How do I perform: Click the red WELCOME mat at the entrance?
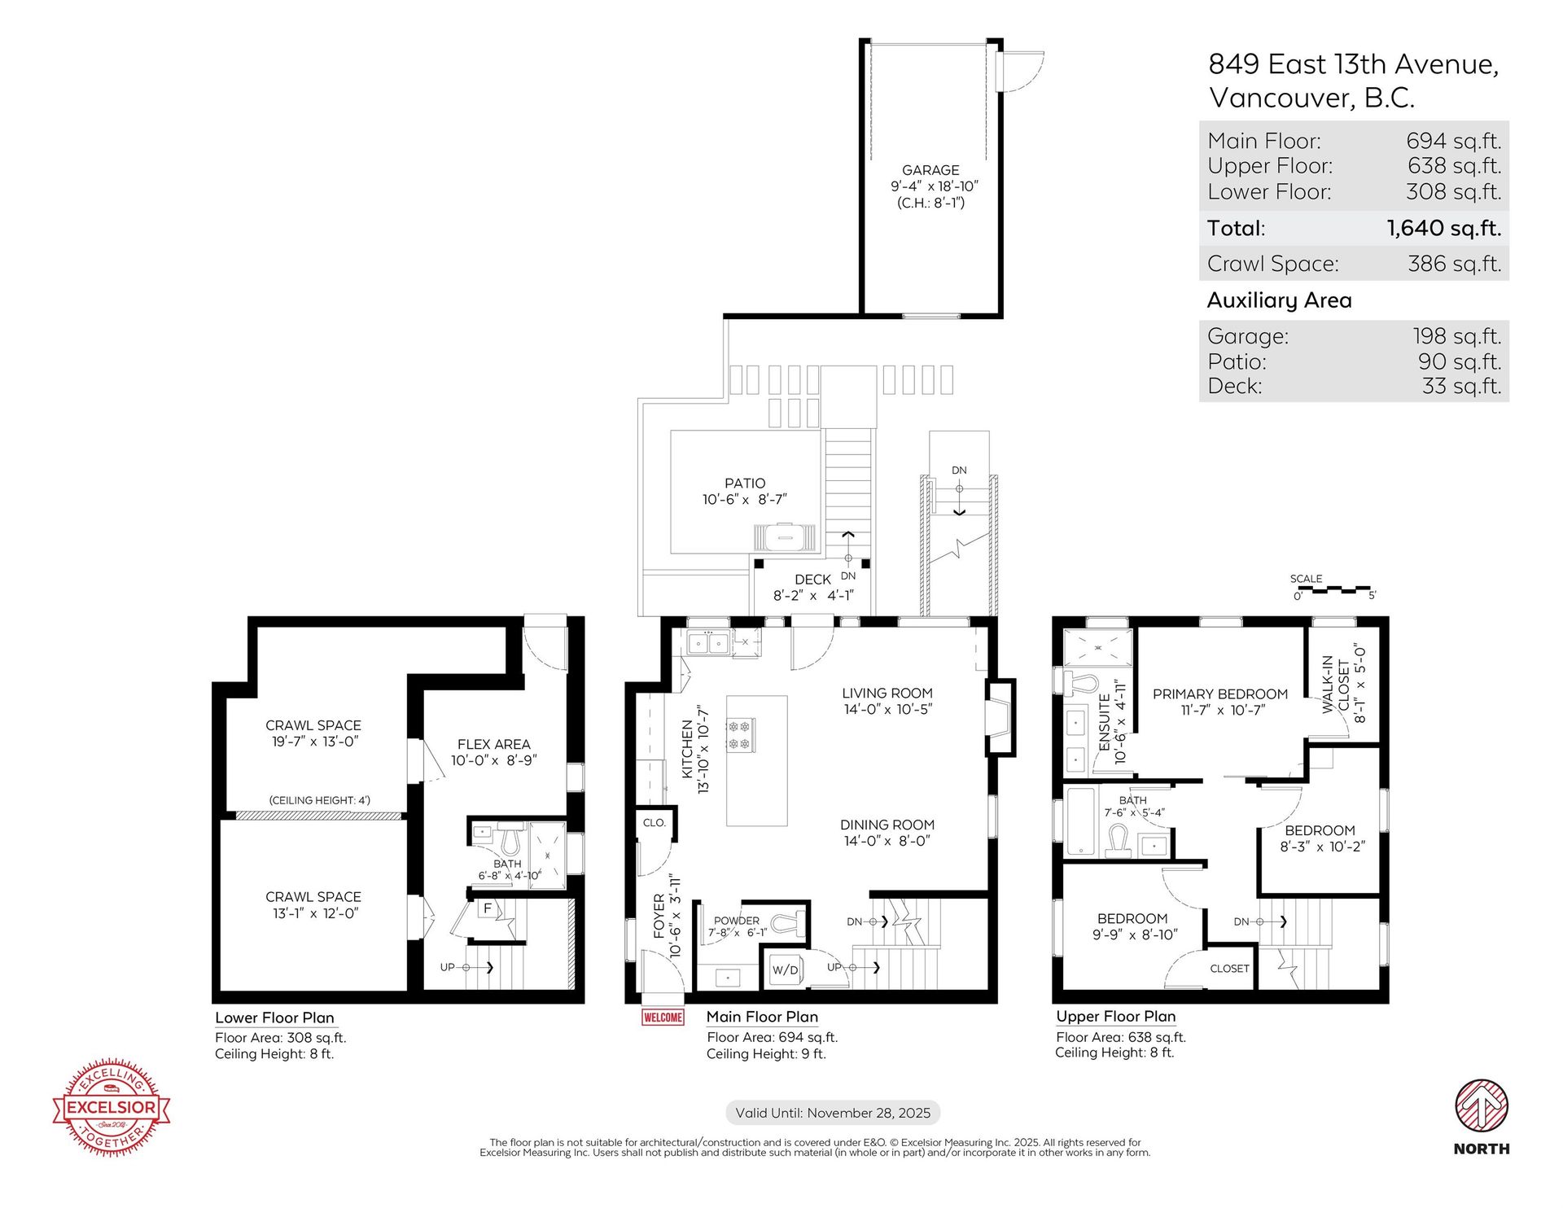tap(663, 1017)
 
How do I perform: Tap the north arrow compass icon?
tap(1482, 1105)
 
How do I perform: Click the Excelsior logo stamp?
tap(112, 1107)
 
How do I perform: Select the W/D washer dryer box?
tap(786, 969)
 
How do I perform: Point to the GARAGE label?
tap(930, 170)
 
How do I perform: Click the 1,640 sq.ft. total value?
tap(1444, 229)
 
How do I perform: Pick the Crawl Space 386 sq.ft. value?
tap(1455, 264)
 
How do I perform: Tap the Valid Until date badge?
tap(833, 1113)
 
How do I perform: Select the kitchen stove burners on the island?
tap(741, 734)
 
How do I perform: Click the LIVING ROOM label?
tap(887, 694)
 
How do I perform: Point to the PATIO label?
tap(745, 484)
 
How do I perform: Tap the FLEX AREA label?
tap(493, 744)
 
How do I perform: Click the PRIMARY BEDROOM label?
tap(1220, 694)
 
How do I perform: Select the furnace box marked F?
tap(488, 909)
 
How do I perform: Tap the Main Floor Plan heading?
tap(762, 1017)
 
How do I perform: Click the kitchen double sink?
tap(708, 643)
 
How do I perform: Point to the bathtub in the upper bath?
tap(1080, 821)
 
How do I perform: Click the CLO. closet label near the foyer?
tap(654, 823)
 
